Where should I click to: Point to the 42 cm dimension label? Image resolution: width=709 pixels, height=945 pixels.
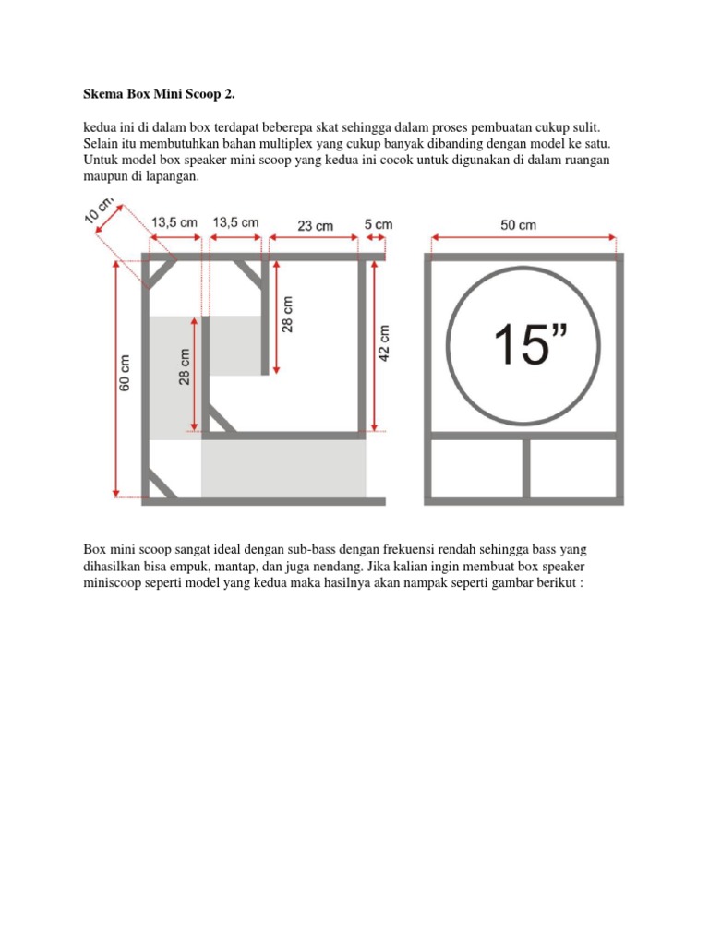385,344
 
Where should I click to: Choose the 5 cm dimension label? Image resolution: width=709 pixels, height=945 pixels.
378,224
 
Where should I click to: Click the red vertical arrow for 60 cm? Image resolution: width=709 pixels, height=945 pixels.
115,378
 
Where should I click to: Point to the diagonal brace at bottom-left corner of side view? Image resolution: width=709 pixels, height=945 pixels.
162,484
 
